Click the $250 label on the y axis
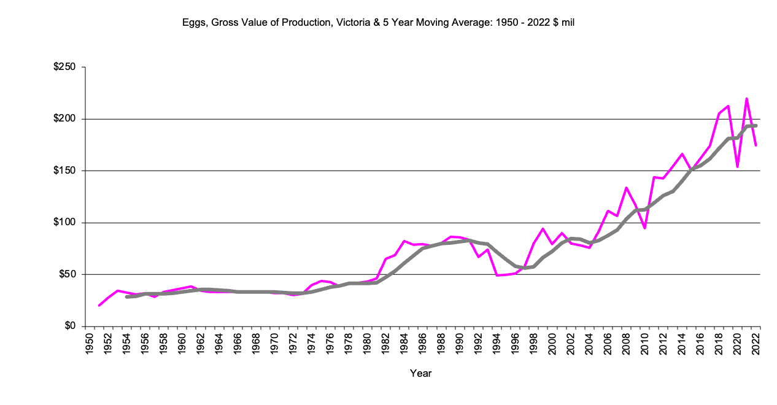click(x=65, y=67)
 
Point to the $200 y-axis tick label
click(x=65, y=119)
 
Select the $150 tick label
click(x=65, y=171)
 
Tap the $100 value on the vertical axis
click(x=65, y=223)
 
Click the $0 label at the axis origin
click(x=70, y=326)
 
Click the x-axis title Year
click(x=421, y=373)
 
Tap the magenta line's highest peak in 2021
click(x=746, y=98)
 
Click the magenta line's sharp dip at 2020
click(x=737, y=166)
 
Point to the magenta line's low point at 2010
click(x=644, y=228)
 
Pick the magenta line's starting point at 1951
click(x=99, y=306)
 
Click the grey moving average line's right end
click(x=756, y=126)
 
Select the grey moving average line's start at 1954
click(x=126, y=297)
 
